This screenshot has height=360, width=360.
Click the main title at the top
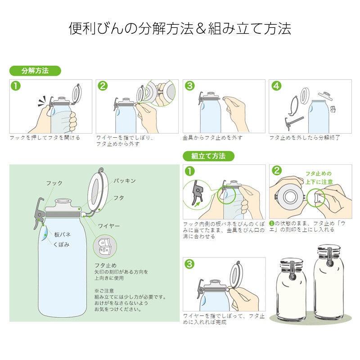[180, 29]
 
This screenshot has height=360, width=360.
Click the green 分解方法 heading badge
[35, 71]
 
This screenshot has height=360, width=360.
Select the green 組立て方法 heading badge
[208, 156]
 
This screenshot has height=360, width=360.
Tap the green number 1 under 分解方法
[16, 86]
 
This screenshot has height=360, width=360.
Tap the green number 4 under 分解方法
[276, 86]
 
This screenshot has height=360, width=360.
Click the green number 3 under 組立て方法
[190, 264]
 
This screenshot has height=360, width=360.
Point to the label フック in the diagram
[54, 183]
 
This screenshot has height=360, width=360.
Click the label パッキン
[124, 180]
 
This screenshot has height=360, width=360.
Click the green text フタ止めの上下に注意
[318, 177]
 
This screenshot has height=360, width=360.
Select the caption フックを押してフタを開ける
[45, 138]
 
